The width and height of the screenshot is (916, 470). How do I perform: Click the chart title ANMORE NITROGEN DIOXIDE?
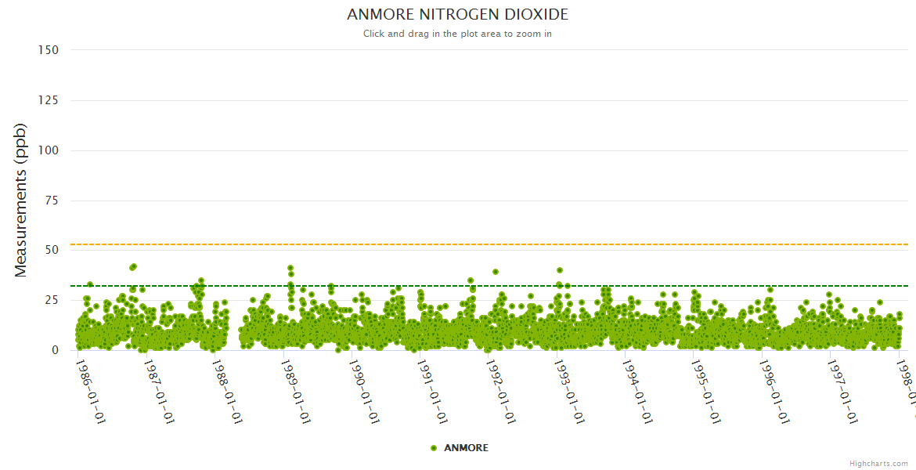457,15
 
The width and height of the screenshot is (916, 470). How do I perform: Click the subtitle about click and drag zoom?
457,34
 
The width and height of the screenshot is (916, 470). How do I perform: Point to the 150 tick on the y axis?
48,50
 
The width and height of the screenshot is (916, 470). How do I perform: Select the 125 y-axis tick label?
48,100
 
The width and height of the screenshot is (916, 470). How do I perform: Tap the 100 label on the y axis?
48,150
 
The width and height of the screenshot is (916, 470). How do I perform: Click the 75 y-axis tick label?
51,201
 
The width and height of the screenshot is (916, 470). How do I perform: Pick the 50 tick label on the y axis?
51,251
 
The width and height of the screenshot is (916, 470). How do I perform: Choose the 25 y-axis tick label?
51,301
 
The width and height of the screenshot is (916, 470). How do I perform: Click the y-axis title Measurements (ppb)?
21,200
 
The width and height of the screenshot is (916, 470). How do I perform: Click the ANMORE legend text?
466,448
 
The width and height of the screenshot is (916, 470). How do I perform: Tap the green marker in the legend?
434,448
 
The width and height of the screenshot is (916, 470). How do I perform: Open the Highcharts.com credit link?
878,464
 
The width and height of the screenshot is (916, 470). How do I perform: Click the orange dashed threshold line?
470,244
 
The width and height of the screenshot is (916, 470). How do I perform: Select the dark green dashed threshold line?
470,286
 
